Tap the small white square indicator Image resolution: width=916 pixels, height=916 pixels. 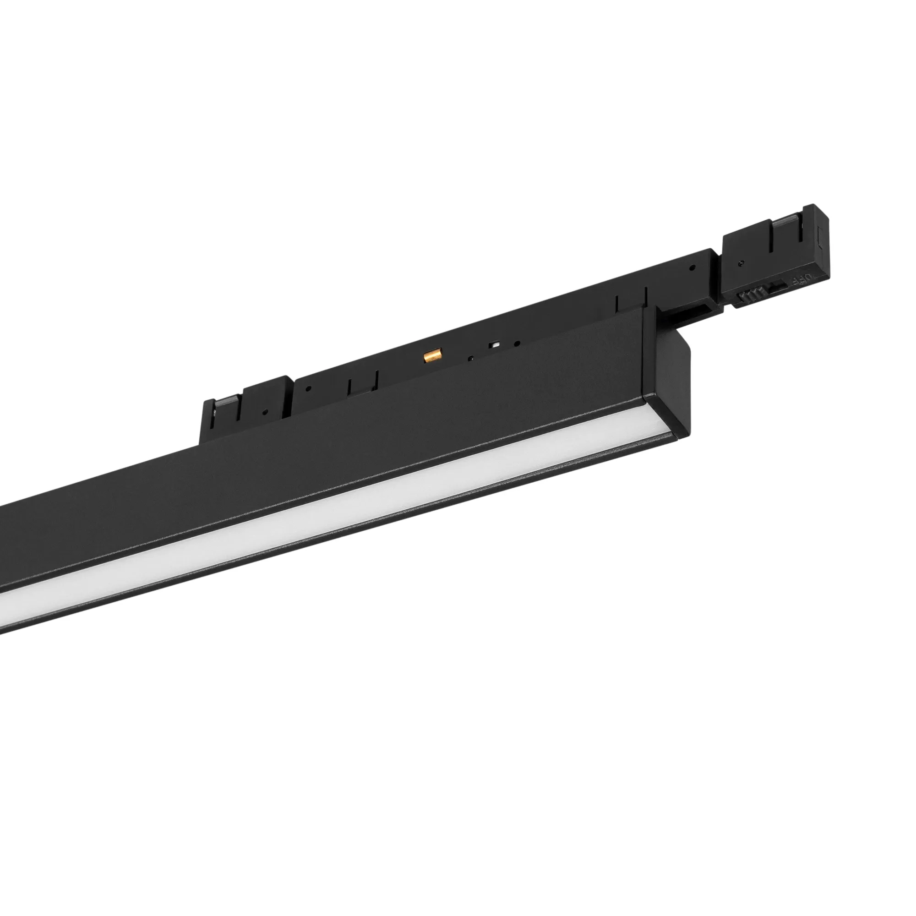pyautogui.click(x=496, y=345)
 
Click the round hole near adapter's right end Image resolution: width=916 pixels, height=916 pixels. pyautogui.click(x=693, y=268)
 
